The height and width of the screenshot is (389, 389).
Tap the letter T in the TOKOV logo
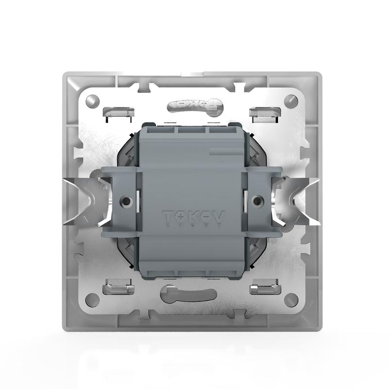click(x=167, y=216)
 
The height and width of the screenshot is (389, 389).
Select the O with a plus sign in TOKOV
click(x=180, y=216)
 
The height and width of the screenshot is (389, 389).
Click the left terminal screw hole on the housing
click(x=127, y=200)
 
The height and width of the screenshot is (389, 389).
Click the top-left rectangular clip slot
click(x=118, y=112)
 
